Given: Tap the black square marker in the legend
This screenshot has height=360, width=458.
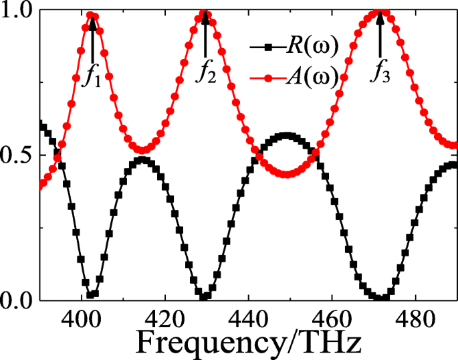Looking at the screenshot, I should pos(268,48).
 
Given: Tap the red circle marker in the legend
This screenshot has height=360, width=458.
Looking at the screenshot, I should pos(268,78).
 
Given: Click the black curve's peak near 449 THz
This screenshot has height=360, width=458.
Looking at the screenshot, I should pos(286,136).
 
